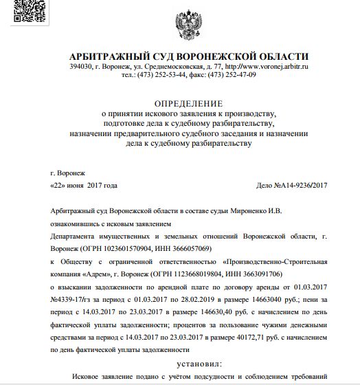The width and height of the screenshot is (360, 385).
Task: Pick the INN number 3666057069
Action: [x=185, y=247]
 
